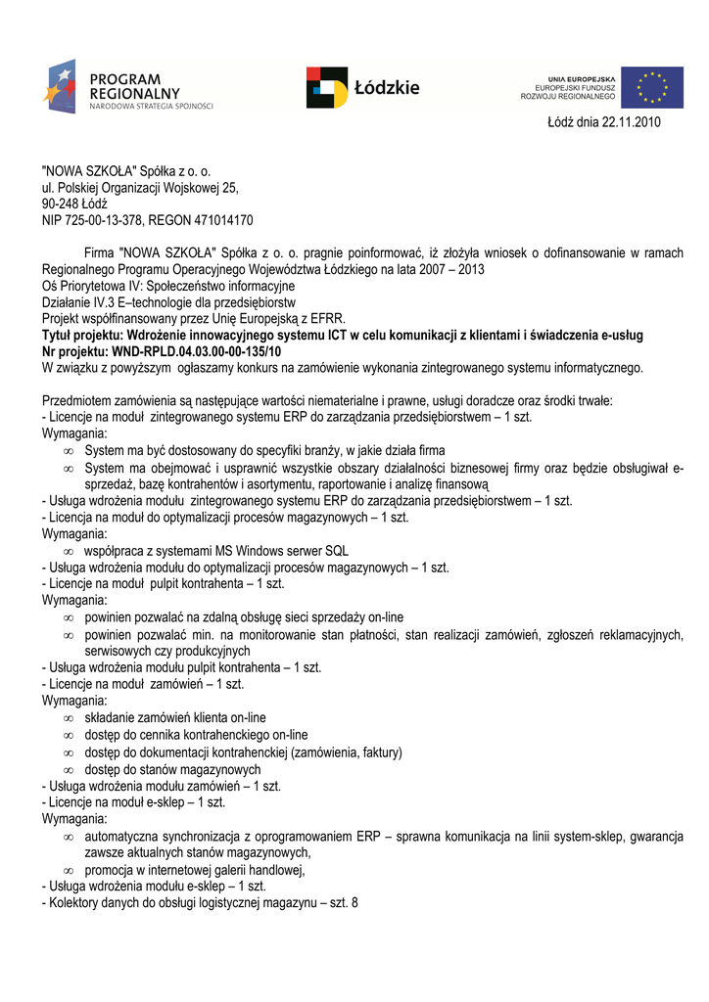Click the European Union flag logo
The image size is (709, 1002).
(651, 88)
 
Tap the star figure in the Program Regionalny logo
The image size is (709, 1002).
(59, 85)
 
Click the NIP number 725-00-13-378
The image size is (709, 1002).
(104, 220)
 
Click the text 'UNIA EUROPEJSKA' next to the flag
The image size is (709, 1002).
(582, 77)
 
